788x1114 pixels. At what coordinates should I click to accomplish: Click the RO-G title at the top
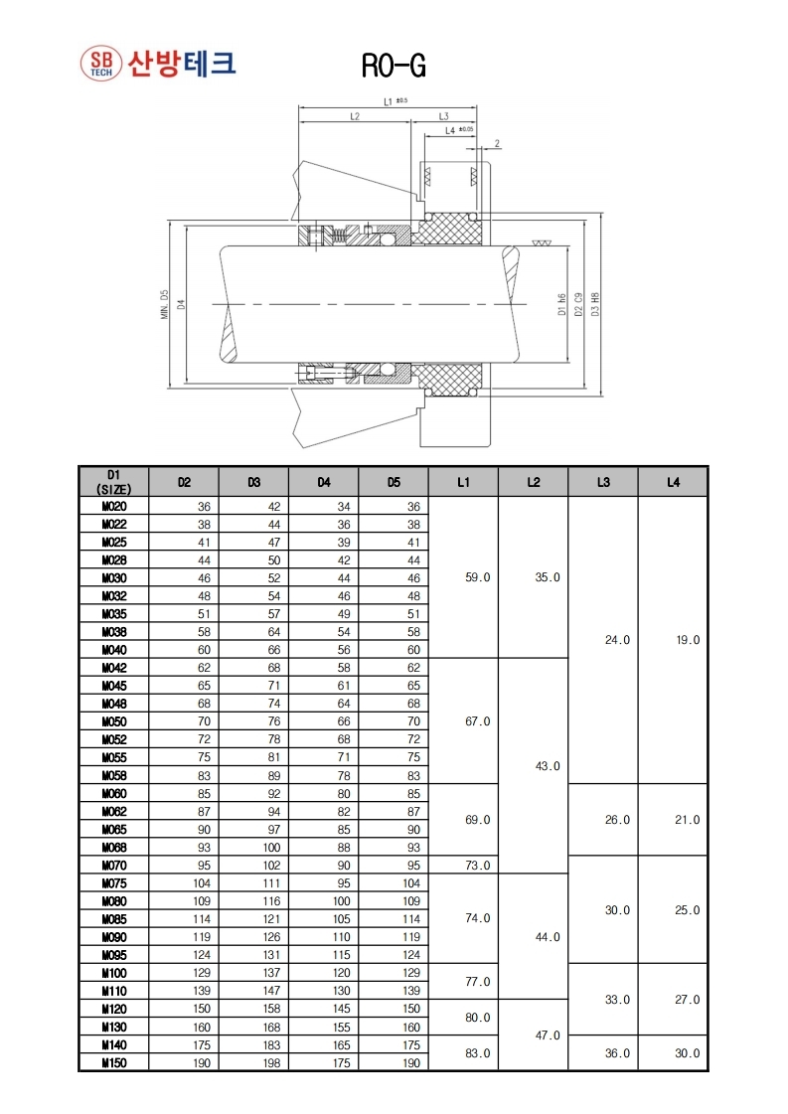click(394, 66)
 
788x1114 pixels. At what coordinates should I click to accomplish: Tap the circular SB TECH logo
click(100, 64)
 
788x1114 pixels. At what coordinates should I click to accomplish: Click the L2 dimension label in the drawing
click(355, 116)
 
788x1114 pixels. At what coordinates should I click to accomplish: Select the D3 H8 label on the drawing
click(594, 303)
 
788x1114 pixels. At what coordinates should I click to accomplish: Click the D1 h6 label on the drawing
click(561, 304)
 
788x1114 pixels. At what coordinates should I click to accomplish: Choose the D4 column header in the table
click(323, 482)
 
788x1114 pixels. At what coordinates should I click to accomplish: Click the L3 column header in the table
click(603, 482)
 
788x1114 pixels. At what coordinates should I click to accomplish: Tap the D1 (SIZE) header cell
click(113, 482)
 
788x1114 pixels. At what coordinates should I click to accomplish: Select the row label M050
click(113, 721)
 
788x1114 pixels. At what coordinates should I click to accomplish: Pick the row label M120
click(113, 1009)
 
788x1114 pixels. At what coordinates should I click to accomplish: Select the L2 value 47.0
click(548, 1035)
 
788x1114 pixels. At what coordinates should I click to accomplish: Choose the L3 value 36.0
click(617, 1053)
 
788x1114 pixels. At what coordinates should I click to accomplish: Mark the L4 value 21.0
click(688, 820)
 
